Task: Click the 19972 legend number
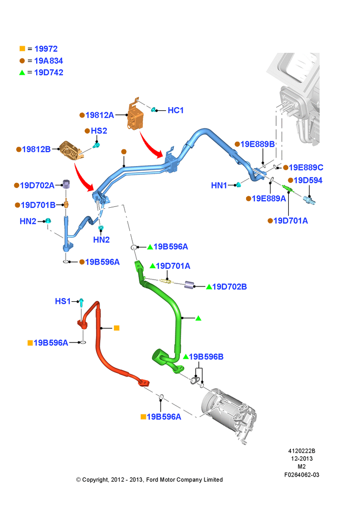point(46,49)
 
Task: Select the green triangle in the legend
point(22,73)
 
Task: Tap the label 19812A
point(100,115)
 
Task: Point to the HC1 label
point(175,110)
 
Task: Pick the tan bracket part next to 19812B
point(71,150)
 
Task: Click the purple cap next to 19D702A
point(66,184)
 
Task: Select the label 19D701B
point(38,205)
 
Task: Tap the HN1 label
point(219,185)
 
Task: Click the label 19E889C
point(306,168)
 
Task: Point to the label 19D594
point(308,180)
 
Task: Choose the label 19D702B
point(229,287)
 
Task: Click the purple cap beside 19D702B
point(189,285)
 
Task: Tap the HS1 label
point(63,301)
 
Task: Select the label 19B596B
point(206,357)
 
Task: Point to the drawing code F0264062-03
point(302,475)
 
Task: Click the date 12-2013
point(302,459)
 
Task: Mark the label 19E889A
point(269,199)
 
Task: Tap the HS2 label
point(99,131)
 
